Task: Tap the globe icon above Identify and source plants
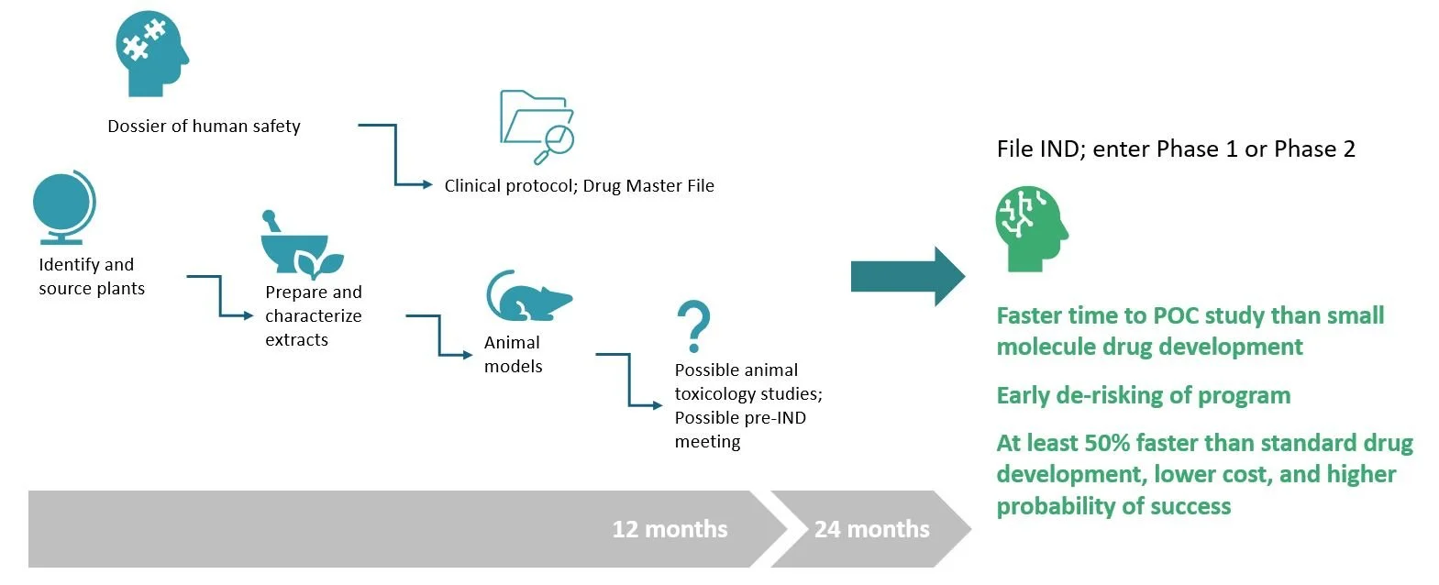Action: point(64,206)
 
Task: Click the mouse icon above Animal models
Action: point(527,296)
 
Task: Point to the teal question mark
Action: point(693,326)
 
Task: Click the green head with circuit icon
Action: point(1031,229)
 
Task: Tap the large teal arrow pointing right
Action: point(907,276)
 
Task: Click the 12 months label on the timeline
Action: point(670,529)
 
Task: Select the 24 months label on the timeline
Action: point(871,529)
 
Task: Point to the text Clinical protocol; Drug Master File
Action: point(579,186)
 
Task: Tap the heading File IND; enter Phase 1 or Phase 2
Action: point(1175,149)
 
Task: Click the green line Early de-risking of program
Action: point(1143,395)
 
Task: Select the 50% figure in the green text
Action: point(1107,444)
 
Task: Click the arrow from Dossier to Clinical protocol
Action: point(396,156)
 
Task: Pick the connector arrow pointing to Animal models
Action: point(440,336)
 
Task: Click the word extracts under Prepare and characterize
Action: point(296,340)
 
